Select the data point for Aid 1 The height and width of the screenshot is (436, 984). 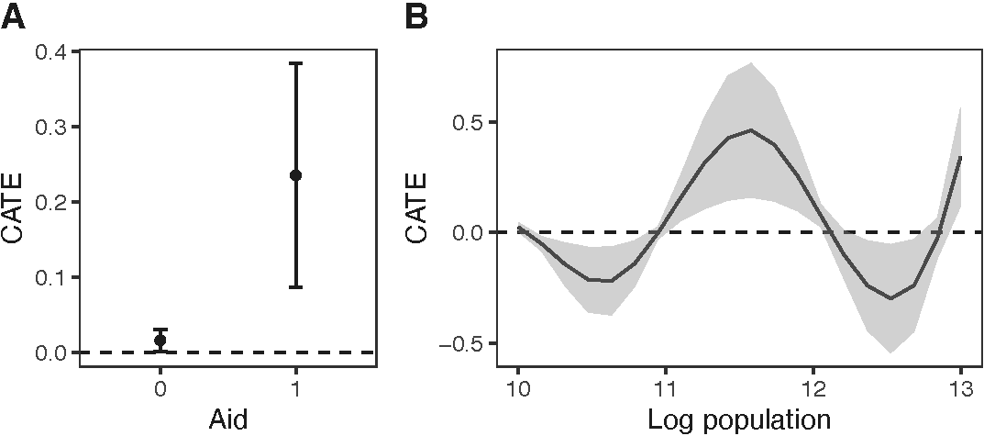[x=295, y=175]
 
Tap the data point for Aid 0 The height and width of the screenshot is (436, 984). [x=160, y=340]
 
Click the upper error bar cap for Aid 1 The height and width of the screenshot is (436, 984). [x=295, y=63]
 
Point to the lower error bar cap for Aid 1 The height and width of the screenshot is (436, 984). [x=295, y=287]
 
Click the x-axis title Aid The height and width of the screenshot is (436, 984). [x=227, y=419]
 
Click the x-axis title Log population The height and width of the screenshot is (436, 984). [x=739, y=420]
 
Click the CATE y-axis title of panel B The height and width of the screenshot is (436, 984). [x=418, y=212]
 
